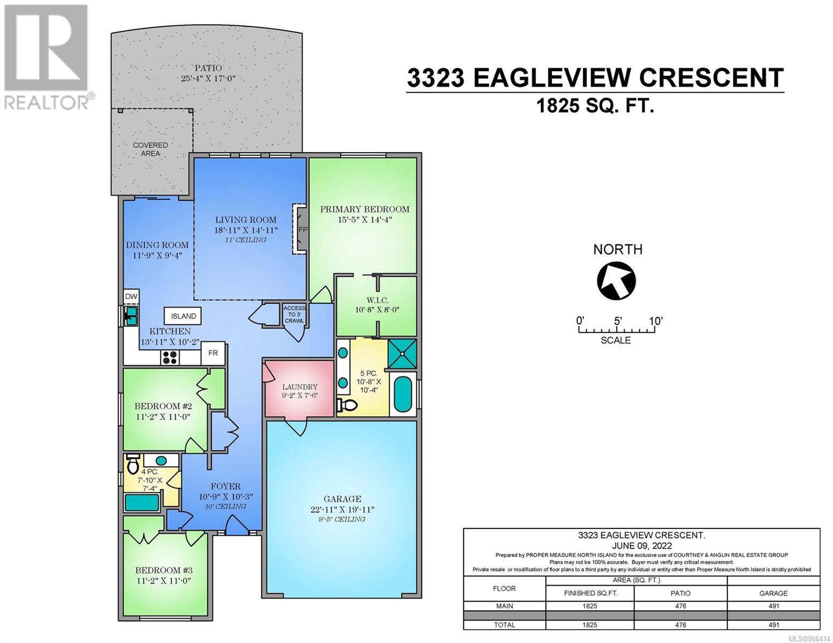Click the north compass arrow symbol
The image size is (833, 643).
[616, 281]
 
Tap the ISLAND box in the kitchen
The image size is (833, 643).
[182, 316]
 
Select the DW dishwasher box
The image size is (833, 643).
[131, 297]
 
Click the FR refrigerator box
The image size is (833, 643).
[213, 353]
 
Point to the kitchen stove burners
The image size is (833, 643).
[170, 358]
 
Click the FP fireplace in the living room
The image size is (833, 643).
[300, 229]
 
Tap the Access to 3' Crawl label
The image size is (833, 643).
[294, 314]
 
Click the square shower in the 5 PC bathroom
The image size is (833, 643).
[402, 353]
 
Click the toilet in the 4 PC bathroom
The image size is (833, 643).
[132, 464]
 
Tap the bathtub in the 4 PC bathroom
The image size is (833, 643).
[142, 503]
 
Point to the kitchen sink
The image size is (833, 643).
[131, 316]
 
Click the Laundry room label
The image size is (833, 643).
[300, 387]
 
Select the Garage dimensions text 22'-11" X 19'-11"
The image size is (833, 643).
[342, 510]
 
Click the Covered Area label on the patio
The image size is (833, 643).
[150, 149]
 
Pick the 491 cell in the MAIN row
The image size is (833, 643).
[773, 606]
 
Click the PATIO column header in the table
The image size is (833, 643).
[681, 593]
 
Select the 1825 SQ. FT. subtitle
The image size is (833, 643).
[594, 105]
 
